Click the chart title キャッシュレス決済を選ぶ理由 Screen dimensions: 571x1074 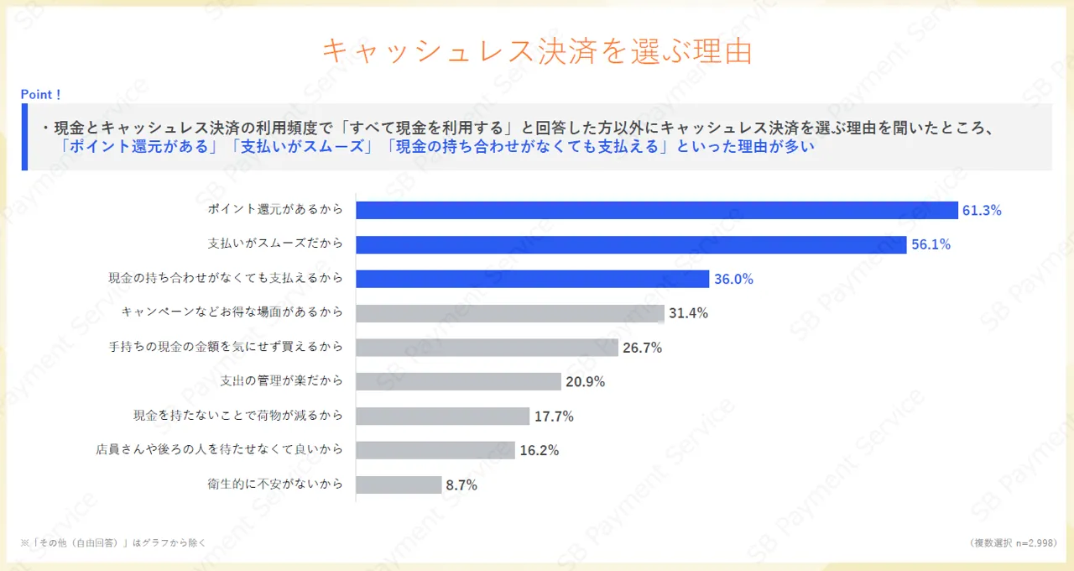tap(537, 50)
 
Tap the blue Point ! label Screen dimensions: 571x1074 tap(40, 95)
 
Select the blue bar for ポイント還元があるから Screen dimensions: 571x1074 tap(656, 210)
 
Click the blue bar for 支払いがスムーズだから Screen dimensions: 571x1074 tap(631, 244)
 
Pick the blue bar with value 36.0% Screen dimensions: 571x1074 tap(532, 279)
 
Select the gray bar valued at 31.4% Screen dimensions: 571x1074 tap(509, 313)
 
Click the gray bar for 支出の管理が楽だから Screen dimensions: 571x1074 tap(458, 381)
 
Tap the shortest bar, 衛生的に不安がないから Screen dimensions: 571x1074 tap(399, 485)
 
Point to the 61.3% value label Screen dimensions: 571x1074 tap(982, 211)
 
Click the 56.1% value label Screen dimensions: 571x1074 tap(931, 245)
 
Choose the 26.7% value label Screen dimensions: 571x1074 tap(642, 348)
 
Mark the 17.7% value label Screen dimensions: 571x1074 tap(554, 416)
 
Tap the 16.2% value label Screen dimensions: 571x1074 tap(539, 450)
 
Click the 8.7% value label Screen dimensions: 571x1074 tap(461, 485)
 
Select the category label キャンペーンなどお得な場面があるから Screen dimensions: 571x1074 tap(232, 312)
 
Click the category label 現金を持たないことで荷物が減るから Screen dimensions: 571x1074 tap(238, 416)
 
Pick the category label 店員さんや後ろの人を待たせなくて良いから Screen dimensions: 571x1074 tap(220, 450)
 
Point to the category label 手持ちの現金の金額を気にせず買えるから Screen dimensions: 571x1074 tap(226, 347)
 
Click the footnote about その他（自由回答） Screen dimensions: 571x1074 tap(113, 542)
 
